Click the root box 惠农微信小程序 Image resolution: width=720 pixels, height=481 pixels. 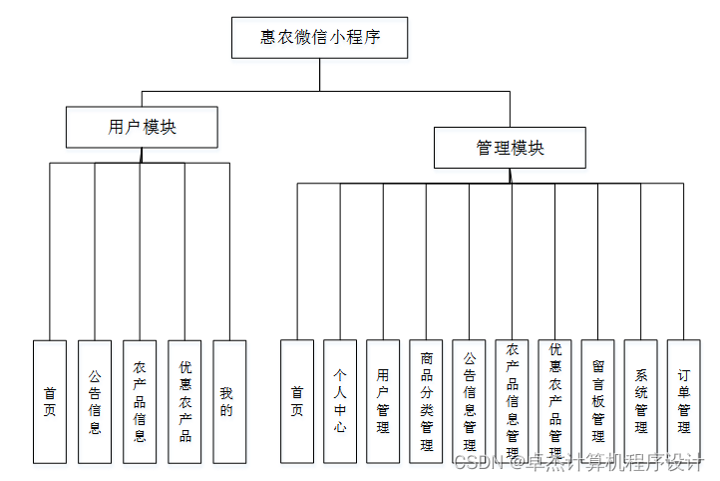pos(319,38)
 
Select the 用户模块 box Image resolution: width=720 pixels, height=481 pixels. pos(142,128)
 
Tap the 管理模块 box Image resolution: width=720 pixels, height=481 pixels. pos(510,148)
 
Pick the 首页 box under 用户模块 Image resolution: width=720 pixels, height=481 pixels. pos(50,401)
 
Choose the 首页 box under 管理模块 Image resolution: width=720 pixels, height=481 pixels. pos(297,401)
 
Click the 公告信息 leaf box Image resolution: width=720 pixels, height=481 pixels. pos(95,401)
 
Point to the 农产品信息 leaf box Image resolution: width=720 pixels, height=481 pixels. pos(140,401)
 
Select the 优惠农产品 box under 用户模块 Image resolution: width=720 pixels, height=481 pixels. pos(184,401)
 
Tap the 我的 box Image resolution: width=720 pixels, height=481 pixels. pos(229,401)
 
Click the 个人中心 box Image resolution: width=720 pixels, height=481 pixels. pos(340,401)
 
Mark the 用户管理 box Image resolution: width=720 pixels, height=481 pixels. pos(383,401)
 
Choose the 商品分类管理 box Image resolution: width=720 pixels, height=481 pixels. pos(426,401)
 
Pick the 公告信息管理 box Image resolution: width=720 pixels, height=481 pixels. pos(469,401)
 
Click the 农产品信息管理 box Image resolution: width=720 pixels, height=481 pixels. pos(512,401)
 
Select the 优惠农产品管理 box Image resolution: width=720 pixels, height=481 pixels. pos(554,401)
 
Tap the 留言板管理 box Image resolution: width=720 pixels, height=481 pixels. pos(598,401)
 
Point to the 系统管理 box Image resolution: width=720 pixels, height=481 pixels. pos(641,401)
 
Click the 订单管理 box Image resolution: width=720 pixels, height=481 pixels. pos(684,401)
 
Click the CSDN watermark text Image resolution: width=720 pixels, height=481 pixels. pos(579,462)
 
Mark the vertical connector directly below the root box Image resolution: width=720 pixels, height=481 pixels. pos(319,75)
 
